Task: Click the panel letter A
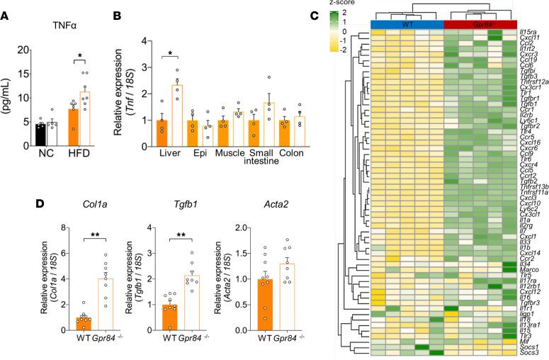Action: pyautogui.click(x=6, y=9)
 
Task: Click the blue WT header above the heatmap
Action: pyautogui.click(x=407, y=25)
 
